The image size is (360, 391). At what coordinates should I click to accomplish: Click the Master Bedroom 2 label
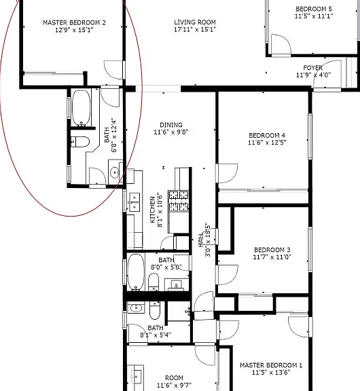coord(74,22)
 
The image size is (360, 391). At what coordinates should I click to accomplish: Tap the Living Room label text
coord(195,22)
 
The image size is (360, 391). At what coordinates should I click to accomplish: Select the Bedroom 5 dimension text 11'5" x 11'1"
coord(314,16)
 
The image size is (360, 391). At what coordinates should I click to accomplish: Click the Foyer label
coord(313,68)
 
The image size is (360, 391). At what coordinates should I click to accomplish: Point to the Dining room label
coord(171,125)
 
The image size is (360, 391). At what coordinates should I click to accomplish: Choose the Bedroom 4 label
coord(267,135)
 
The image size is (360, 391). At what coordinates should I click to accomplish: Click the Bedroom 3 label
coord(272,250)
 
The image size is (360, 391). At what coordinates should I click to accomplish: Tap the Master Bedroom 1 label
coord(271,365)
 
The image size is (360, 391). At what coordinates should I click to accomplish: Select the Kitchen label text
coord(152,210)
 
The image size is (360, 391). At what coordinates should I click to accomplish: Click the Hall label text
coord(201,240)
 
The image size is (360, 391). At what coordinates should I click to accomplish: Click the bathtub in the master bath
coord(81,108)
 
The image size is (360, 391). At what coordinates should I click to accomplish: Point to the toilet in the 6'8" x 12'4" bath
coord(80,142)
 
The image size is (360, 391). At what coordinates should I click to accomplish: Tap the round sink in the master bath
coord(115,172)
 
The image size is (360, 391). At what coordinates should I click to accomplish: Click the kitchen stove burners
coord(179,201)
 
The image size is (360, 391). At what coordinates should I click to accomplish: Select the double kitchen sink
coord(134,202)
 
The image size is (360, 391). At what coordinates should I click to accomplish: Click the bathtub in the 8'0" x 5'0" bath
coord(136,272)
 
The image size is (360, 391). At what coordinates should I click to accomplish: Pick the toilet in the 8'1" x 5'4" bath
coord(155,310)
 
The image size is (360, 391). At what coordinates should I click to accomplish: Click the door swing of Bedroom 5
coord(281,44)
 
